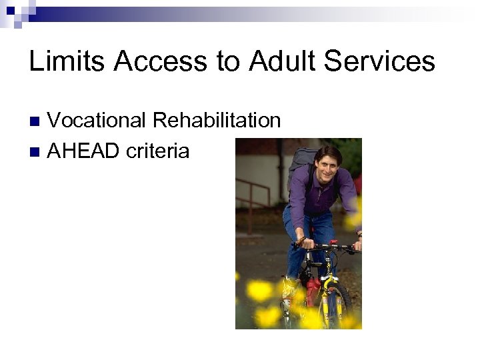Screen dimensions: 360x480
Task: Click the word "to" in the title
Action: coord(227,61)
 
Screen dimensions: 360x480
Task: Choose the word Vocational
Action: coord(97,121)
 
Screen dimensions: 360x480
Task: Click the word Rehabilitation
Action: coord(217,121)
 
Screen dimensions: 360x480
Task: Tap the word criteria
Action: coord(158,151)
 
